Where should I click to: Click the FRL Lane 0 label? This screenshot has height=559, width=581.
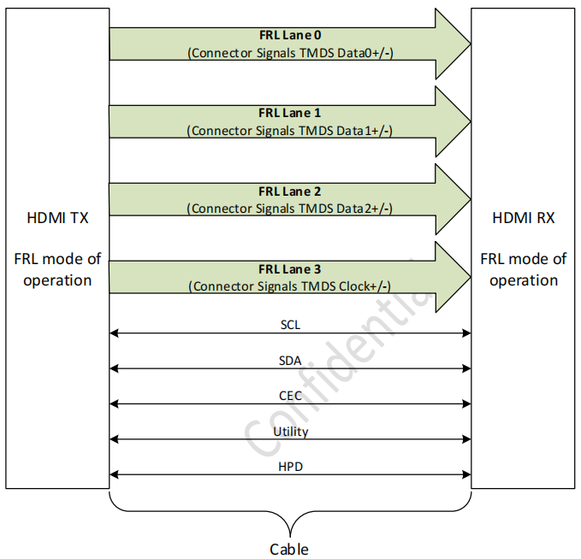(290, 36)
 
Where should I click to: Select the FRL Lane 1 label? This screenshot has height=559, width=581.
(290, 113)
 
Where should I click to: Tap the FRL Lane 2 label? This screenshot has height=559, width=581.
(290, 191)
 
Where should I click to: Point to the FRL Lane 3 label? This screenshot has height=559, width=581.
(290, 269)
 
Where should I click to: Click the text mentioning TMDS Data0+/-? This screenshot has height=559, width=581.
(290, 53)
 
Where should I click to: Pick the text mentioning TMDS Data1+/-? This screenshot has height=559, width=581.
(290, 131)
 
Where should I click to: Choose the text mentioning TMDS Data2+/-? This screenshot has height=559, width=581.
(290, 209)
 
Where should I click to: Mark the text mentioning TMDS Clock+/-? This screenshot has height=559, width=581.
(290, 286)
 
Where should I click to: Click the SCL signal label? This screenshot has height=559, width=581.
(290, 326)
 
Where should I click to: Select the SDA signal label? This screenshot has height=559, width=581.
(290, 361)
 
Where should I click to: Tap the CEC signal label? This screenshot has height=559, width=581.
(290, 396)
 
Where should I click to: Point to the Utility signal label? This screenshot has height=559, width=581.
(290, 432)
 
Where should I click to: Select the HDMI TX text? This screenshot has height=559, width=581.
(57, 219)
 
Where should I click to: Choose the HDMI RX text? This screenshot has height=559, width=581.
(523, 219)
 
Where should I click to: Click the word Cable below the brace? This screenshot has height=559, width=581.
(289, 549)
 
